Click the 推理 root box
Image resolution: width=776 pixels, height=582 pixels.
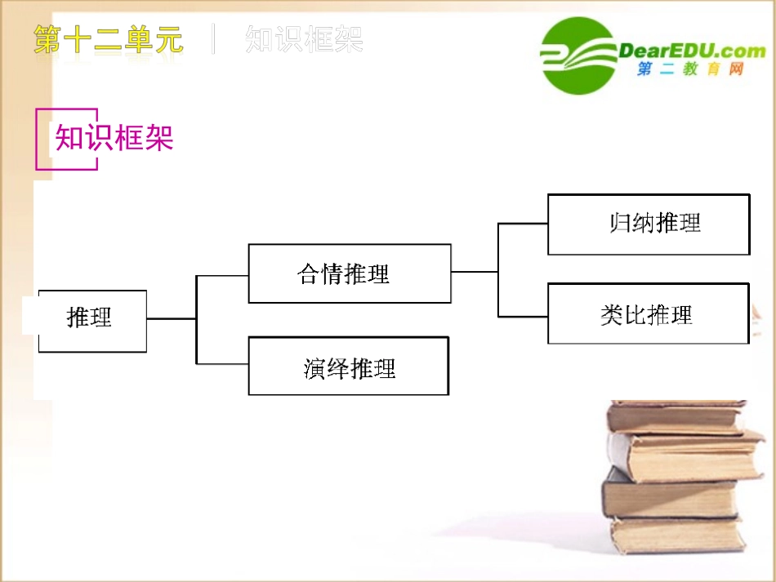(x=92, y=320)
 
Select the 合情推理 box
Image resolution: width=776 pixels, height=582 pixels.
(x=349, y=273)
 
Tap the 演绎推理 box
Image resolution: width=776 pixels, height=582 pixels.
(x=349, y=367)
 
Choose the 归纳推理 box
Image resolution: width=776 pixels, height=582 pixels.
(x=649, y=224)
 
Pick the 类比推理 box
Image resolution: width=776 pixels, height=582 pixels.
(x=649, y=313)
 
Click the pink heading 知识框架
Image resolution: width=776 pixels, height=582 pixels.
(x=114, y=138)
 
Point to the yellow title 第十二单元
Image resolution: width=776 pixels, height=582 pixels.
(x=109, y=39)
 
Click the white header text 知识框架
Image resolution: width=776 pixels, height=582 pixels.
(x=304, y=39)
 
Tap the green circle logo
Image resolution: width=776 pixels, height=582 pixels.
(x=578, y=56)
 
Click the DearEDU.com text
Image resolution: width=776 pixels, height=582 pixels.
(x=692, y=51)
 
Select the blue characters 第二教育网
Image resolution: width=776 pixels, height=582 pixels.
(x=690, y=71)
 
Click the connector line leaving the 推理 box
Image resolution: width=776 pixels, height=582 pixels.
(x=171, y=318)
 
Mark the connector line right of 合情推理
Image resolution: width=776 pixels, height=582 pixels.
(x=474, y=271)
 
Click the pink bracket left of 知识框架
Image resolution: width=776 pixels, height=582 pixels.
(x=39, y=139)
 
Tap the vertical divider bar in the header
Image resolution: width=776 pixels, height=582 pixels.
(x=214, y=39)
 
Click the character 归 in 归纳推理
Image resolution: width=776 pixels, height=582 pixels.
(x=620, y=223)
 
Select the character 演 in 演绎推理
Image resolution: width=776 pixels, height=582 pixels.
(x=314, y=369)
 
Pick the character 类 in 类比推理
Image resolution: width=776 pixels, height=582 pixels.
(x=612, y=315)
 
